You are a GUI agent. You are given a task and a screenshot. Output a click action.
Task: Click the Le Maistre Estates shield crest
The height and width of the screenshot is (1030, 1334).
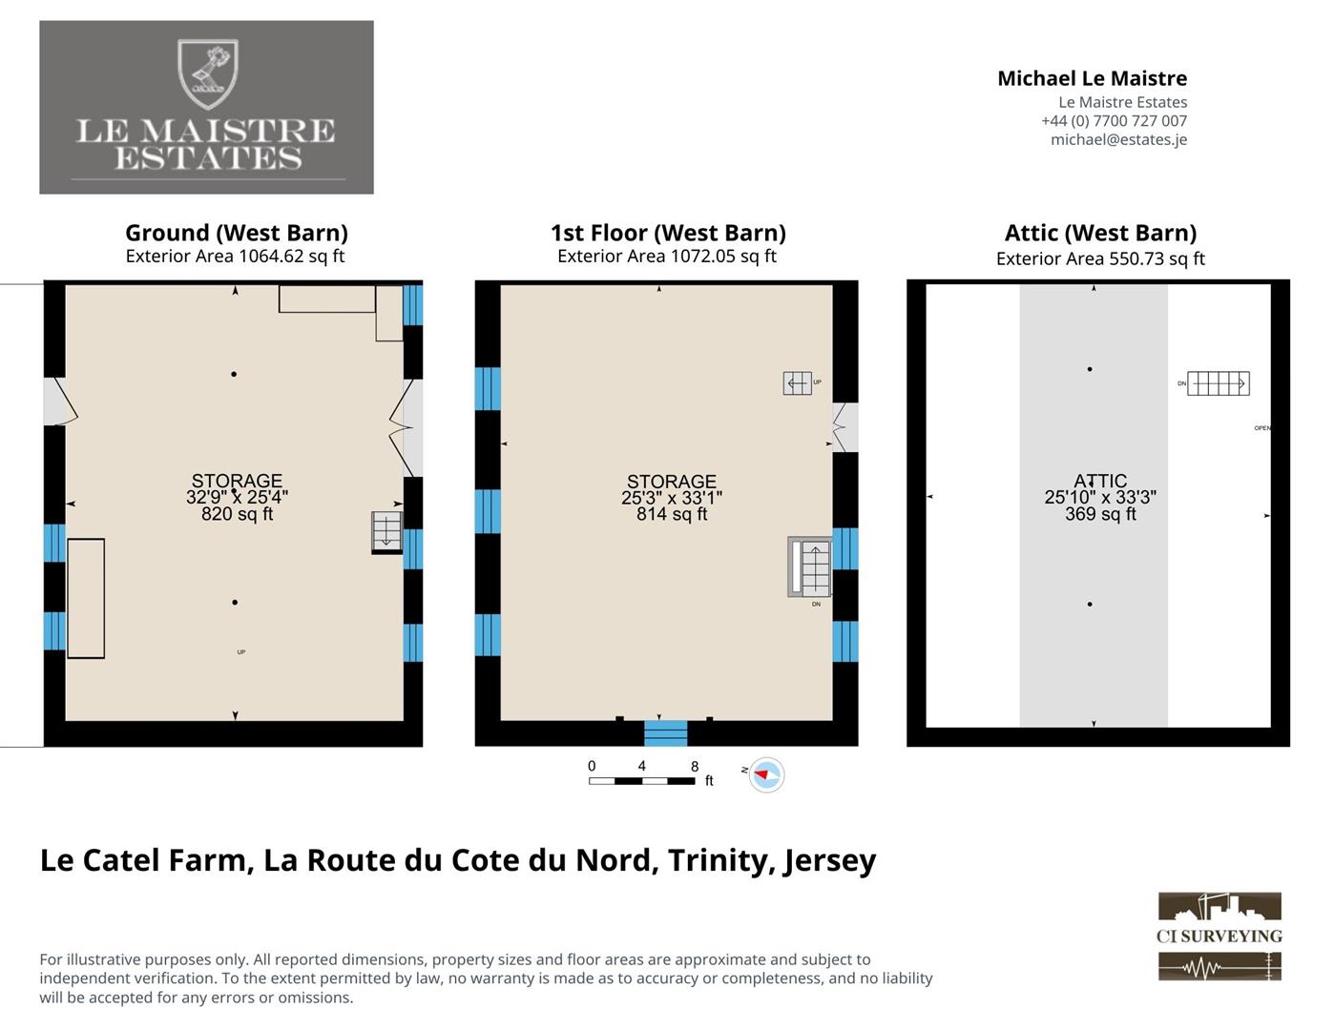[207, 73]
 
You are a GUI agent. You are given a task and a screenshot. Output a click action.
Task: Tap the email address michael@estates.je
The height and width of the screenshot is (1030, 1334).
[1118, 140]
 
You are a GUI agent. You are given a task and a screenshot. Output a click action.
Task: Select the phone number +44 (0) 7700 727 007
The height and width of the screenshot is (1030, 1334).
[1115, 121]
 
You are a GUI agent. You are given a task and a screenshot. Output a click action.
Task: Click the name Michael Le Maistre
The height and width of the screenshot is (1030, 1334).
[1093, 78]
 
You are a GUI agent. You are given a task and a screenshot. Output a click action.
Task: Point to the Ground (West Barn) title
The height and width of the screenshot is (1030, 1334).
[237, 233]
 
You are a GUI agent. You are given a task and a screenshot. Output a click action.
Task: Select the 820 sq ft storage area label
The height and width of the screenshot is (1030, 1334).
[237, 514]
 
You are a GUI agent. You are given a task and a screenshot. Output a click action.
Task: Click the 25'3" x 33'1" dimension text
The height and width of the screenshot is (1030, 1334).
[672, 498]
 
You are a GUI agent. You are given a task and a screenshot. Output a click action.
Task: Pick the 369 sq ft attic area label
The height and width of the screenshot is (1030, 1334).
[1100, 514]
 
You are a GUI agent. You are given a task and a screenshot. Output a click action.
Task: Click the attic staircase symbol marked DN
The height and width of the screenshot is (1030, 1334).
[1218, 383]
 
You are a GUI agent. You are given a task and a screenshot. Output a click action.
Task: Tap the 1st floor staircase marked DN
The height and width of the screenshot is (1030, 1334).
[810, 566]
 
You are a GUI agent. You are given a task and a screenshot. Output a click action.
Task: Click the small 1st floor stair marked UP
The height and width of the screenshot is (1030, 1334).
[798, 383]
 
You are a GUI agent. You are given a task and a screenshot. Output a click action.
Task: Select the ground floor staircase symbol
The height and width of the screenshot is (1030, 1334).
[386, 532]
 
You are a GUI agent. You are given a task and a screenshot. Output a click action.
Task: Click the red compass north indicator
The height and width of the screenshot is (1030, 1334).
[761, 774]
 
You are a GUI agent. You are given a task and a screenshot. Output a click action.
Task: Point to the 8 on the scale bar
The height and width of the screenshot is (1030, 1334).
[695, 766]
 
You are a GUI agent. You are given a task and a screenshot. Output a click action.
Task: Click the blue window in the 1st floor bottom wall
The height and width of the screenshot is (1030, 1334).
[665, 733]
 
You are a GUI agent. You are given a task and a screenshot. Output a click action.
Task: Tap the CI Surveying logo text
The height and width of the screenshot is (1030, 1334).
[1219, 937]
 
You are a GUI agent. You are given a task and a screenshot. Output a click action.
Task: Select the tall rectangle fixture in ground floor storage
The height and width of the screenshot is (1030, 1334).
[86, 599]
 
